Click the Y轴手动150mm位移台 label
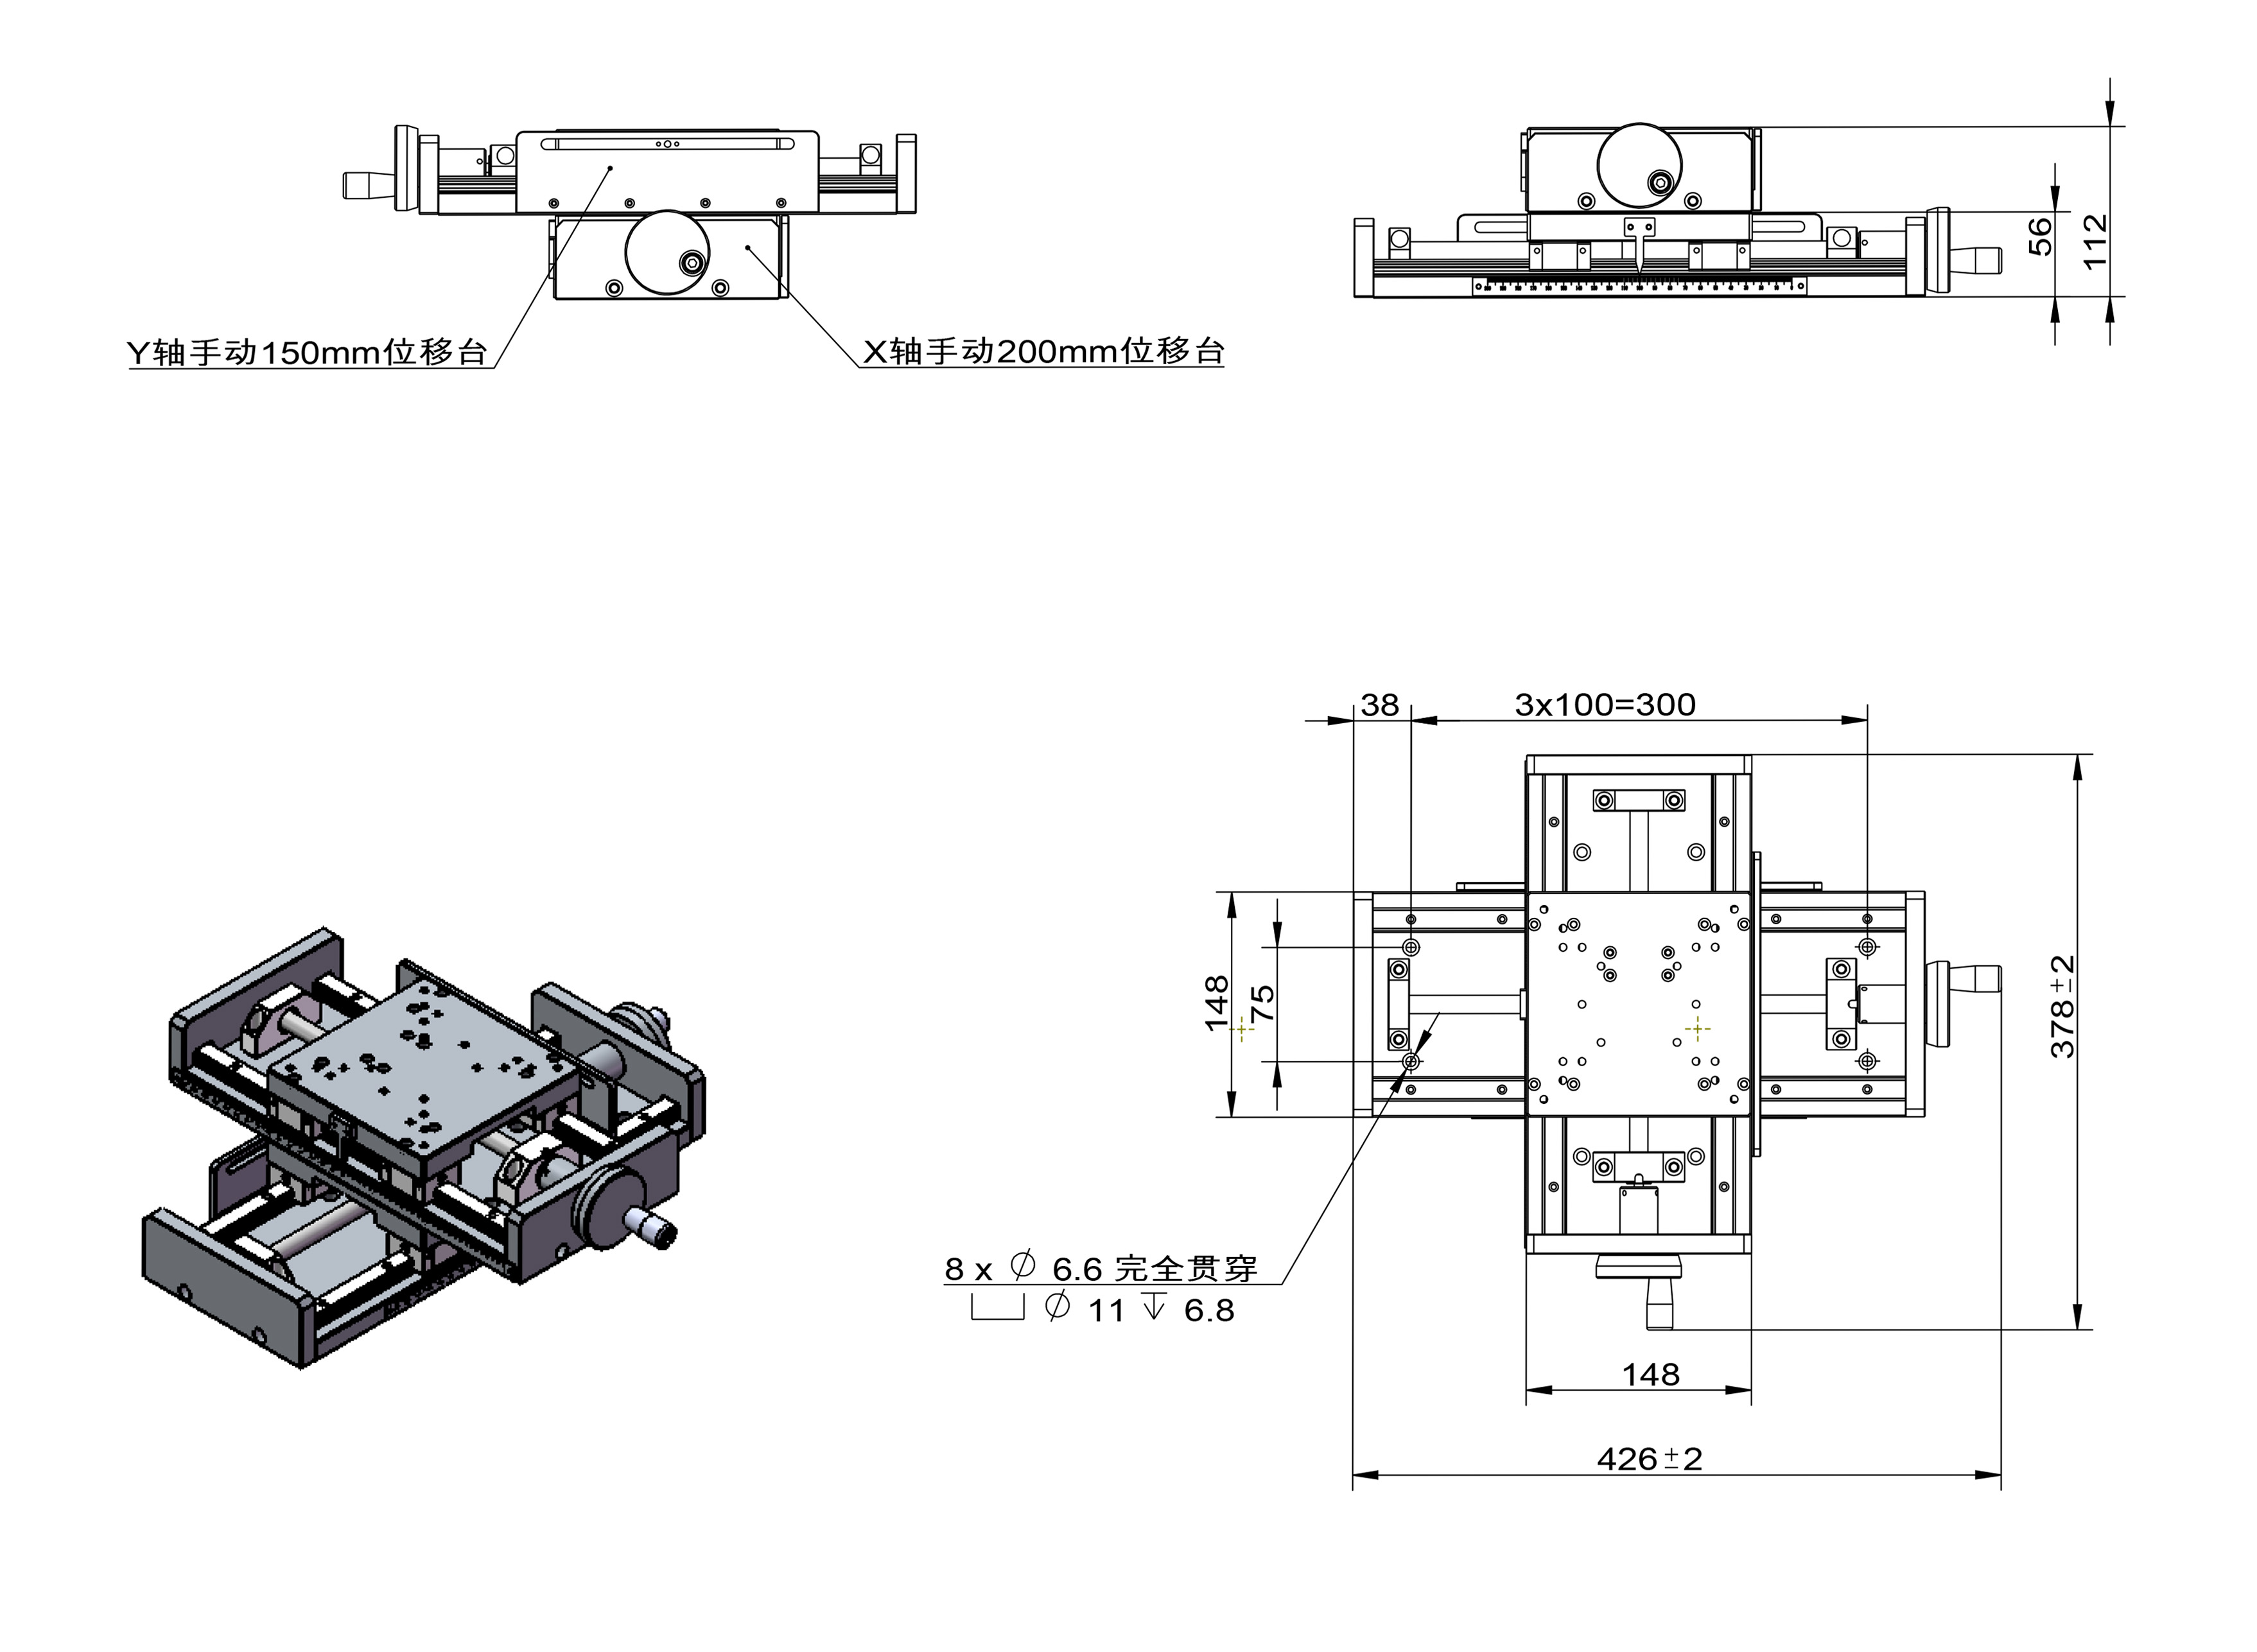pos(307,352)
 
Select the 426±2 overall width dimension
pos(1650,1459)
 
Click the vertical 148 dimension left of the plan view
pos(1216,1003)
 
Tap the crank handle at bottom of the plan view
pos(1659,1300)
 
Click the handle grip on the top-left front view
pos(367,185)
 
